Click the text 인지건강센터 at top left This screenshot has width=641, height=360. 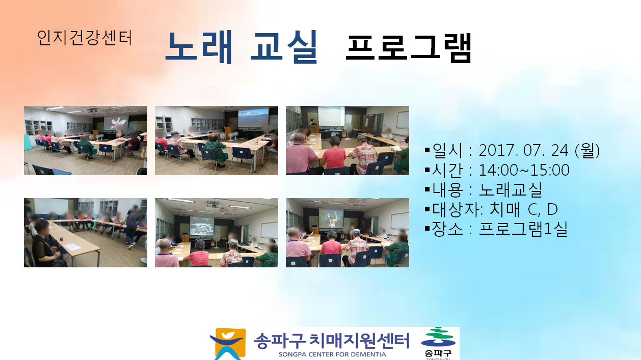click(85, 38)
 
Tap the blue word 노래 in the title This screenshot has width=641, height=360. click(199, 47)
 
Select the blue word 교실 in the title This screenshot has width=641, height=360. click(284, 47)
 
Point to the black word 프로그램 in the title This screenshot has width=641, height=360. click(408, 48)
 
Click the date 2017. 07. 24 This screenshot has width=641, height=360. click(523, 150)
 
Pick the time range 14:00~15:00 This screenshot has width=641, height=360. click(524, 170)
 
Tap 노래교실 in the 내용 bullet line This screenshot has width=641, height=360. click(510, 189)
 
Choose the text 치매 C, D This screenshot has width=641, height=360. click(523, 209)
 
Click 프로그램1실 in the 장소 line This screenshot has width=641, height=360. click(523, 229)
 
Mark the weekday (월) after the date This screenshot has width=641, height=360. click(587, 150)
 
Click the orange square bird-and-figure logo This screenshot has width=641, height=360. click(228, 344)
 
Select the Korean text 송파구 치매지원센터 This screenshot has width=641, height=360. click(331, 341)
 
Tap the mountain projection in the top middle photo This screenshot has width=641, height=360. click(253, 117)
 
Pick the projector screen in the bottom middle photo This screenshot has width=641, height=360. click(201, 226)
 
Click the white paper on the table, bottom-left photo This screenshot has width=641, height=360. click(72, 246)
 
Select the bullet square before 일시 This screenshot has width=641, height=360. click(427, 150)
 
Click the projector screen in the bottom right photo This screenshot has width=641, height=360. click(331, 218)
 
